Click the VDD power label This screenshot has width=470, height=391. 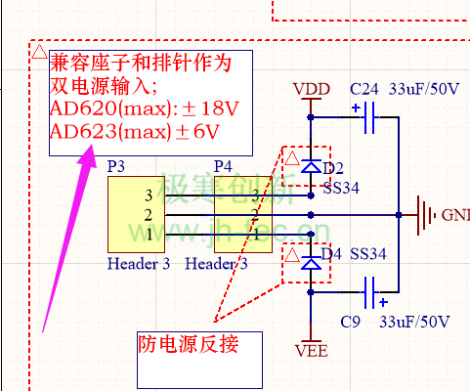pos(311,89)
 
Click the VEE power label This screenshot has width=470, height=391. pos(311,349)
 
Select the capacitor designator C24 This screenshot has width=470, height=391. pos(364,88)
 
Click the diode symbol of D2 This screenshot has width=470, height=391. pos(311,167)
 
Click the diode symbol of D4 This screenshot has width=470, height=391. pos(311,263)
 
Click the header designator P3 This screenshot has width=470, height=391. pos(115,166)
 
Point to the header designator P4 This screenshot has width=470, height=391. pos(223,166)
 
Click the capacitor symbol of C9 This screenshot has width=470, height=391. pos(370,290)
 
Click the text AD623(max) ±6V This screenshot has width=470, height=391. pos(134,131)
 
